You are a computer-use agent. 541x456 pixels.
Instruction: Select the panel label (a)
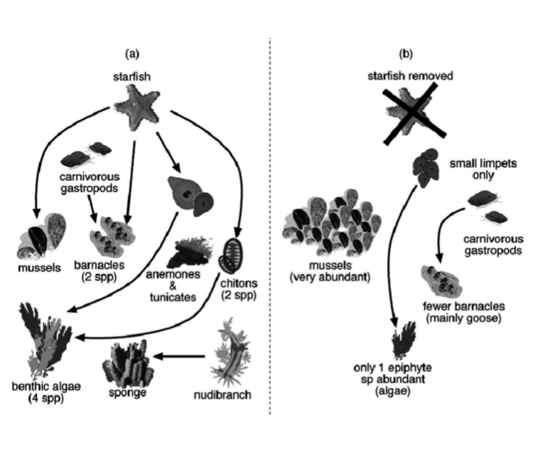tap(132, 52)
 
